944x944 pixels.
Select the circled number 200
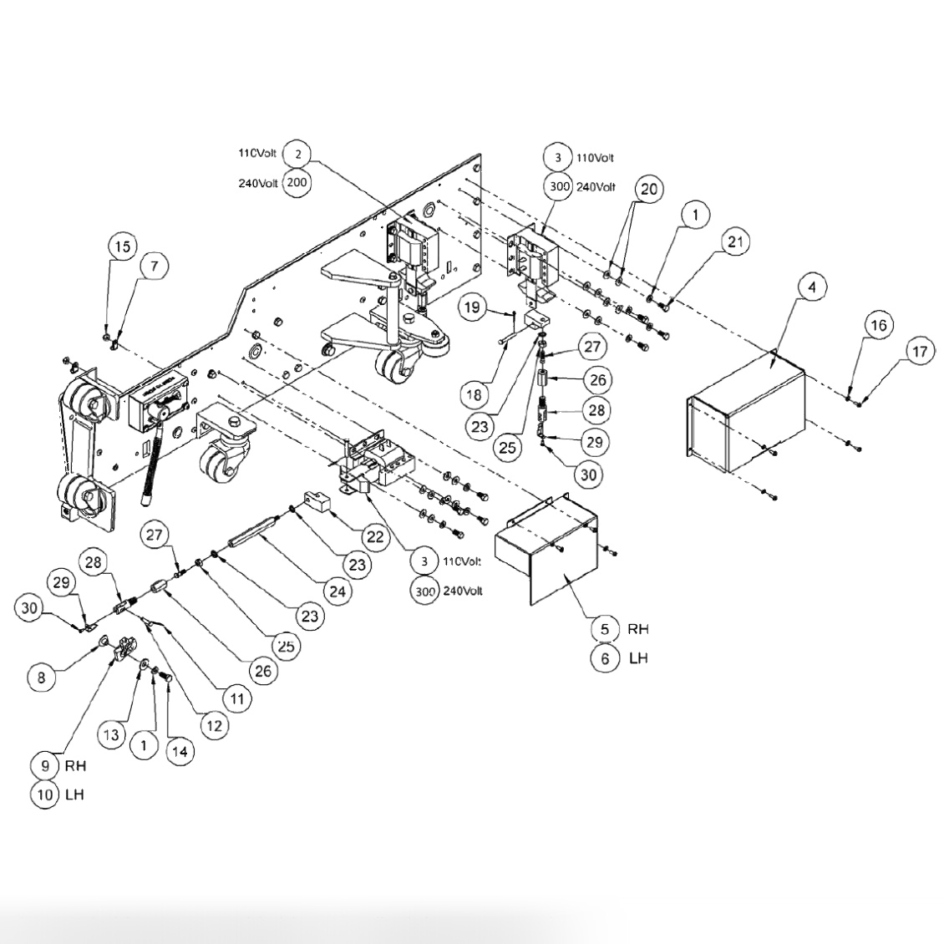coord(297,183)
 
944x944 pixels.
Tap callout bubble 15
coord(122,247)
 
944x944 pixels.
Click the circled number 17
coord(919,352)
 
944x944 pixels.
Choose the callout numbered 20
coord(648,190)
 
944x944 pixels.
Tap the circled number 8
coord(42,678)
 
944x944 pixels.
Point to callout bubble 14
coord(179,751)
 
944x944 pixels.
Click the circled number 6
coord(605,658)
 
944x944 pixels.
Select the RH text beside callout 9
coord(75,764)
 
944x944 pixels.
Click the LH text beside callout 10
coord(74,794)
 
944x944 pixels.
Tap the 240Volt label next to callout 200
coord(256,184)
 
